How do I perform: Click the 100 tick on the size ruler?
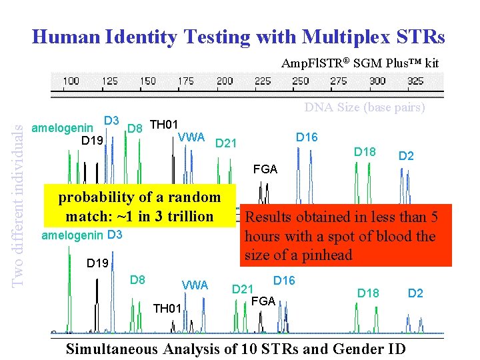coord(71,81)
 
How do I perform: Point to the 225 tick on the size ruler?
coord(263,81)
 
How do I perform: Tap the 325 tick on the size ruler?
coord(416,81)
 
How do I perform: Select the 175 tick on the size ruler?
coord(186,81)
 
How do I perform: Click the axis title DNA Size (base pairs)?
coord(365,107)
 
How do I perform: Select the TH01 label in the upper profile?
coord(163,125)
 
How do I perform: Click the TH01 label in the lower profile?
coord(167,308)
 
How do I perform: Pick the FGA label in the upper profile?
coord(265,169)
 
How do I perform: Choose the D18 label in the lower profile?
coord(368,293)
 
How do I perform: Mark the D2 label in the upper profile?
coord(406,157)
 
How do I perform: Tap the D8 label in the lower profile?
coord(138,279)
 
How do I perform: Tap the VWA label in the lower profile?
coord(195,285)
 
